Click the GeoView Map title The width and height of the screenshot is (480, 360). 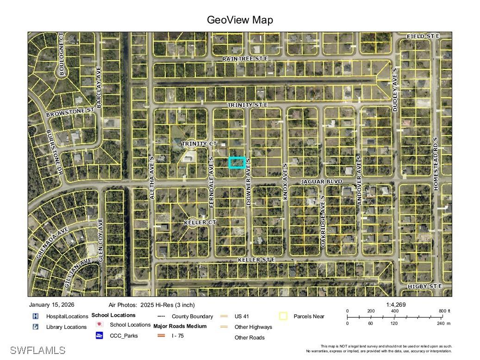[240, 20]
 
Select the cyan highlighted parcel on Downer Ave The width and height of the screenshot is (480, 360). [237, 162]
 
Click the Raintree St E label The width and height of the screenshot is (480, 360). [245, 59]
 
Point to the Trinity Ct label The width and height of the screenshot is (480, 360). [199, 144]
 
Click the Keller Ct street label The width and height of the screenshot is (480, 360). [200, 223]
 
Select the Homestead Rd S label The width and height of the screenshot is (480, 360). [435, 163]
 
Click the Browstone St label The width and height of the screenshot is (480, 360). [70, 112]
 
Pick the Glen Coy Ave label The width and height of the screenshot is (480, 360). [100, 241]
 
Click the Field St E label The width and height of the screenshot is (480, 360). [423, 36]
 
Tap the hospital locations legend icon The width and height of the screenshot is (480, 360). [35, 317]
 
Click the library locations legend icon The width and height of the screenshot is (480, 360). [35, 327]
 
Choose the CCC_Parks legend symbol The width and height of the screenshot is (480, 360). [100, 335]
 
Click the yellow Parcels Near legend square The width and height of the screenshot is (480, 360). [283, 317]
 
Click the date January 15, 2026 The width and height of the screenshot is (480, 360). [51, 305]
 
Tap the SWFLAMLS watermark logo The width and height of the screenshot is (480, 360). [37, 350]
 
